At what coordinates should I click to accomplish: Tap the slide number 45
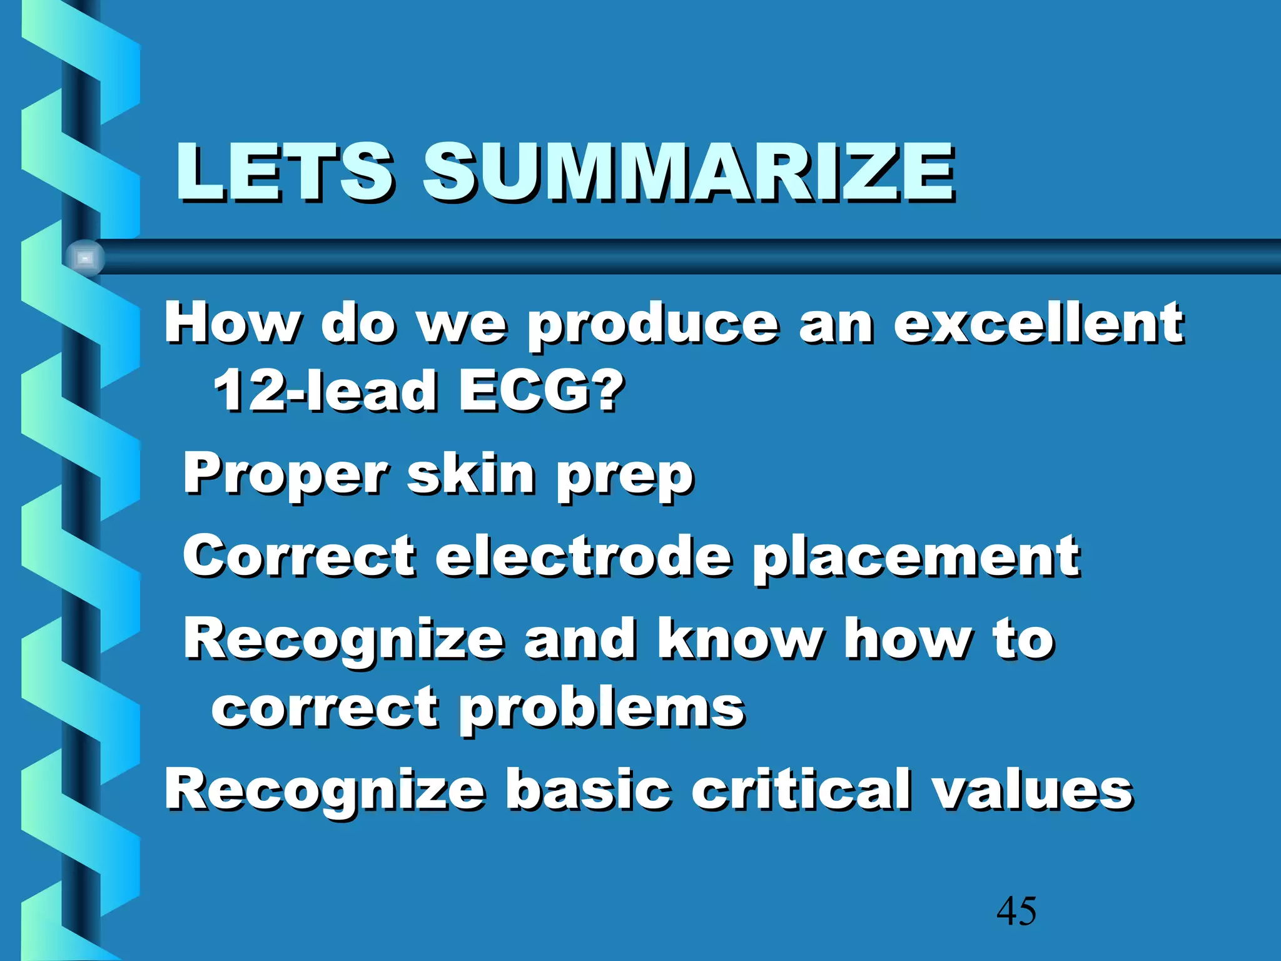coord(1016,911)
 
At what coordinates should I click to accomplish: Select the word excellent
coord(1038,323)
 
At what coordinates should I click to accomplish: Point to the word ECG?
coord(541,390)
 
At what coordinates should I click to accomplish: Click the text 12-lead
coord(325,390)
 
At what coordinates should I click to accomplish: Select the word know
coord(741,639)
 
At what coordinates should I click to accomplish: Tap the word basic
coord(588,789)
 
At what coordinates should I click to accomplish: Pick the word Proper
coord(285,475)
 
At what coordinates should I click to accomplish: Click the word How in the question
coord(231,323)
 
